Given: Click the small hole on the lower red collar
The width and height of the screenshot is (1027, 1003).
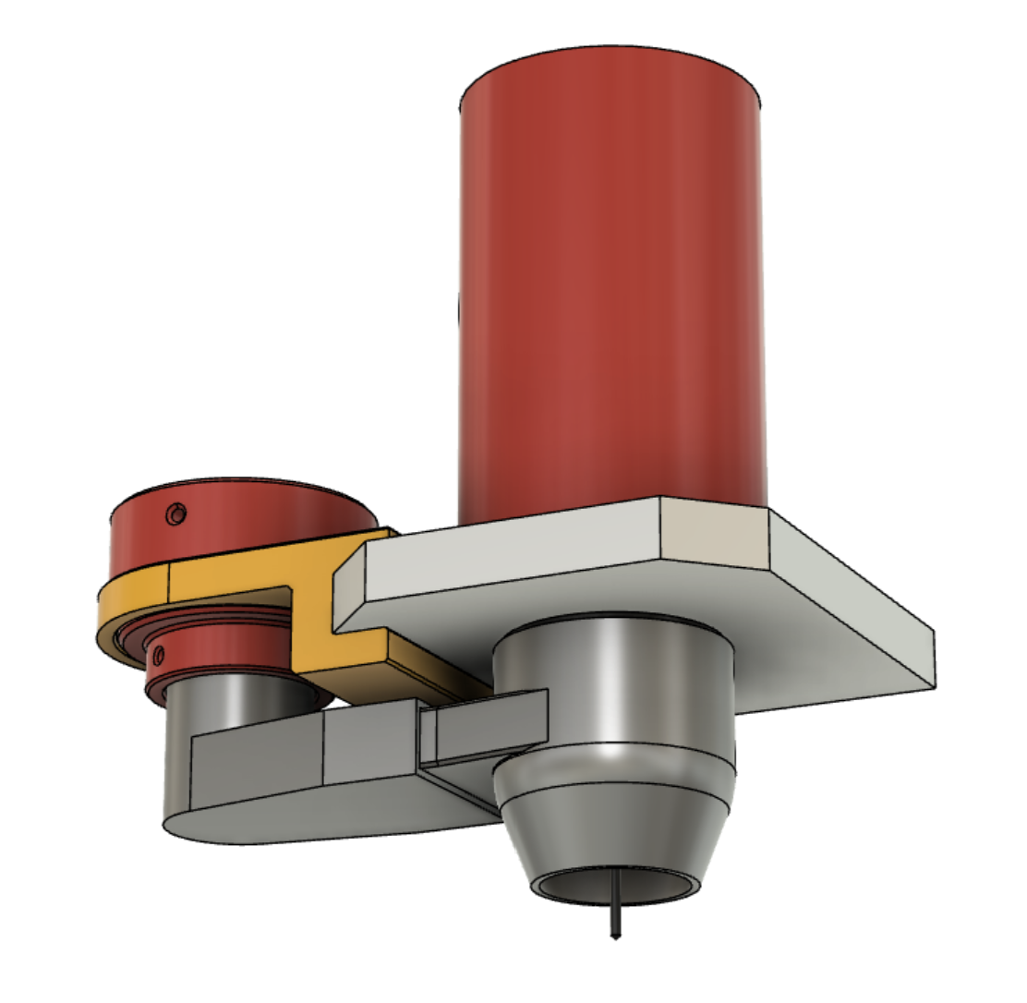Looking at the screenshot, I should click(159, 656).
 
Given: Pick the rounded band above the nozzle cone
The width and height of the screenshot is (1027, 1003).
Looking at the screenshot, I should click(614, 771).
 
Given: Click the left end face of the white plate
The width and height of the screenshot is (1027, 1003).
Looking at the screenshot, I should click(349, 586).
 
